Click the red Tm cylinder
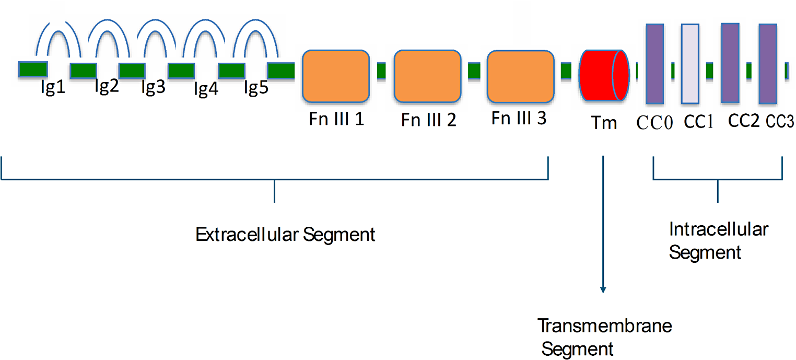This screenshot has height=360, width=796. (x=604, y=75)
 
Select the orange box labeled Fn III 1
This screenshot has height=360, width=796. (x=336, y=76)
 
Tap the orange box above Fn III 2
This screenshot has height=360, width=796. (x=427, y=76)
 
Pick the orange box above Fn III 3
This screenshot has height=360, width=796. (x=521, y=76)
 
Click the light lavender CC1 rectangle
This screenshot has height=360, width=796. (x=690, y=64)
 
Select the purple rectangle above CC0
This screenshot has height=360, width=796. (x=655, y=64)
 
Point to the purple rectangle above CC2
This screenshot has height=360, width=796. (x=730, y=63)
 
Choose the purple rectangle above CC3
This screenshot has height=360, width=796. (x=768, y=64)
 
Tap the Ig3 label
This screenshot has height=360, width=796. (x=153, y=87)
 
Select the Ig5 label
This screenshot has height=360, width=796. (x=256, y=87)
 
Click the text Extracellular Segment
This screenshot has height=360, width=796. (x=285, y=235)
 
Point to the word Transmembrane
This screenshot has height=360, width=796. (x=604, y=326)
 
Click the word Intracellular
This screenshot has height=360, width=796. (x=719, y=229)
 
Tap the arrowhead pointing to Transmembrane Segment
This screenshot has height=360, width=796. (x=603, y=290)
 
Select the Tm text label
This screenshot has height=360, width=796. (x=604, y=123)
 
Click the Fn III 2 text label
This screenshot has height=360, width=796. (x=429, y=120)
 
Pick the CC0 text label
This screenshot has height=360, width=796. (x=654, y=123)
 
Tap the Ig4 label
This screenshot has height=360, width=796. (x=206, y=89)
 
